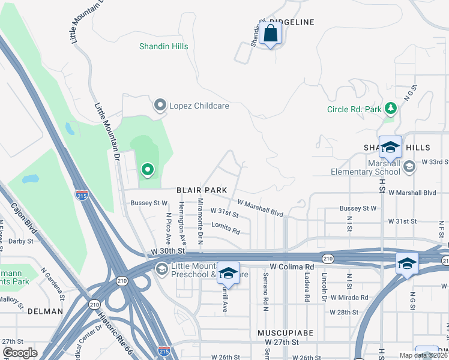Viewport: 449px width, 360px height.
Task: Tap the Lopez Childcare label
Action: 191,106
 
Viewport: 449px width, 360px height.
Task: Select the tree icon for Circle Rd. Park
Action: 391,108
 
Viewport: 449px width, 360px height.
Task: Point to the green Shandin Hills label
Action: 163,46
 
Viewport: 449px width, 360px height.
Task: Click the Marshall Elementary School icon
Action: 410,166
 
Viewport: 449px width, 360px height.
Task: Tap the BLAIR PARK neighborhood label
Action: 202,190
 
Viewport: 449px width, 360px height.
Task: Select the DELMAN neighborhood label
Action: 45,311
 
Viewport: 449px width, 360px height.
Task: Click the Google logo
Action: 20,353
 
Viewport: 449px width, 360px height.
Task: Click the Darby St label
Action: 21,241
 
